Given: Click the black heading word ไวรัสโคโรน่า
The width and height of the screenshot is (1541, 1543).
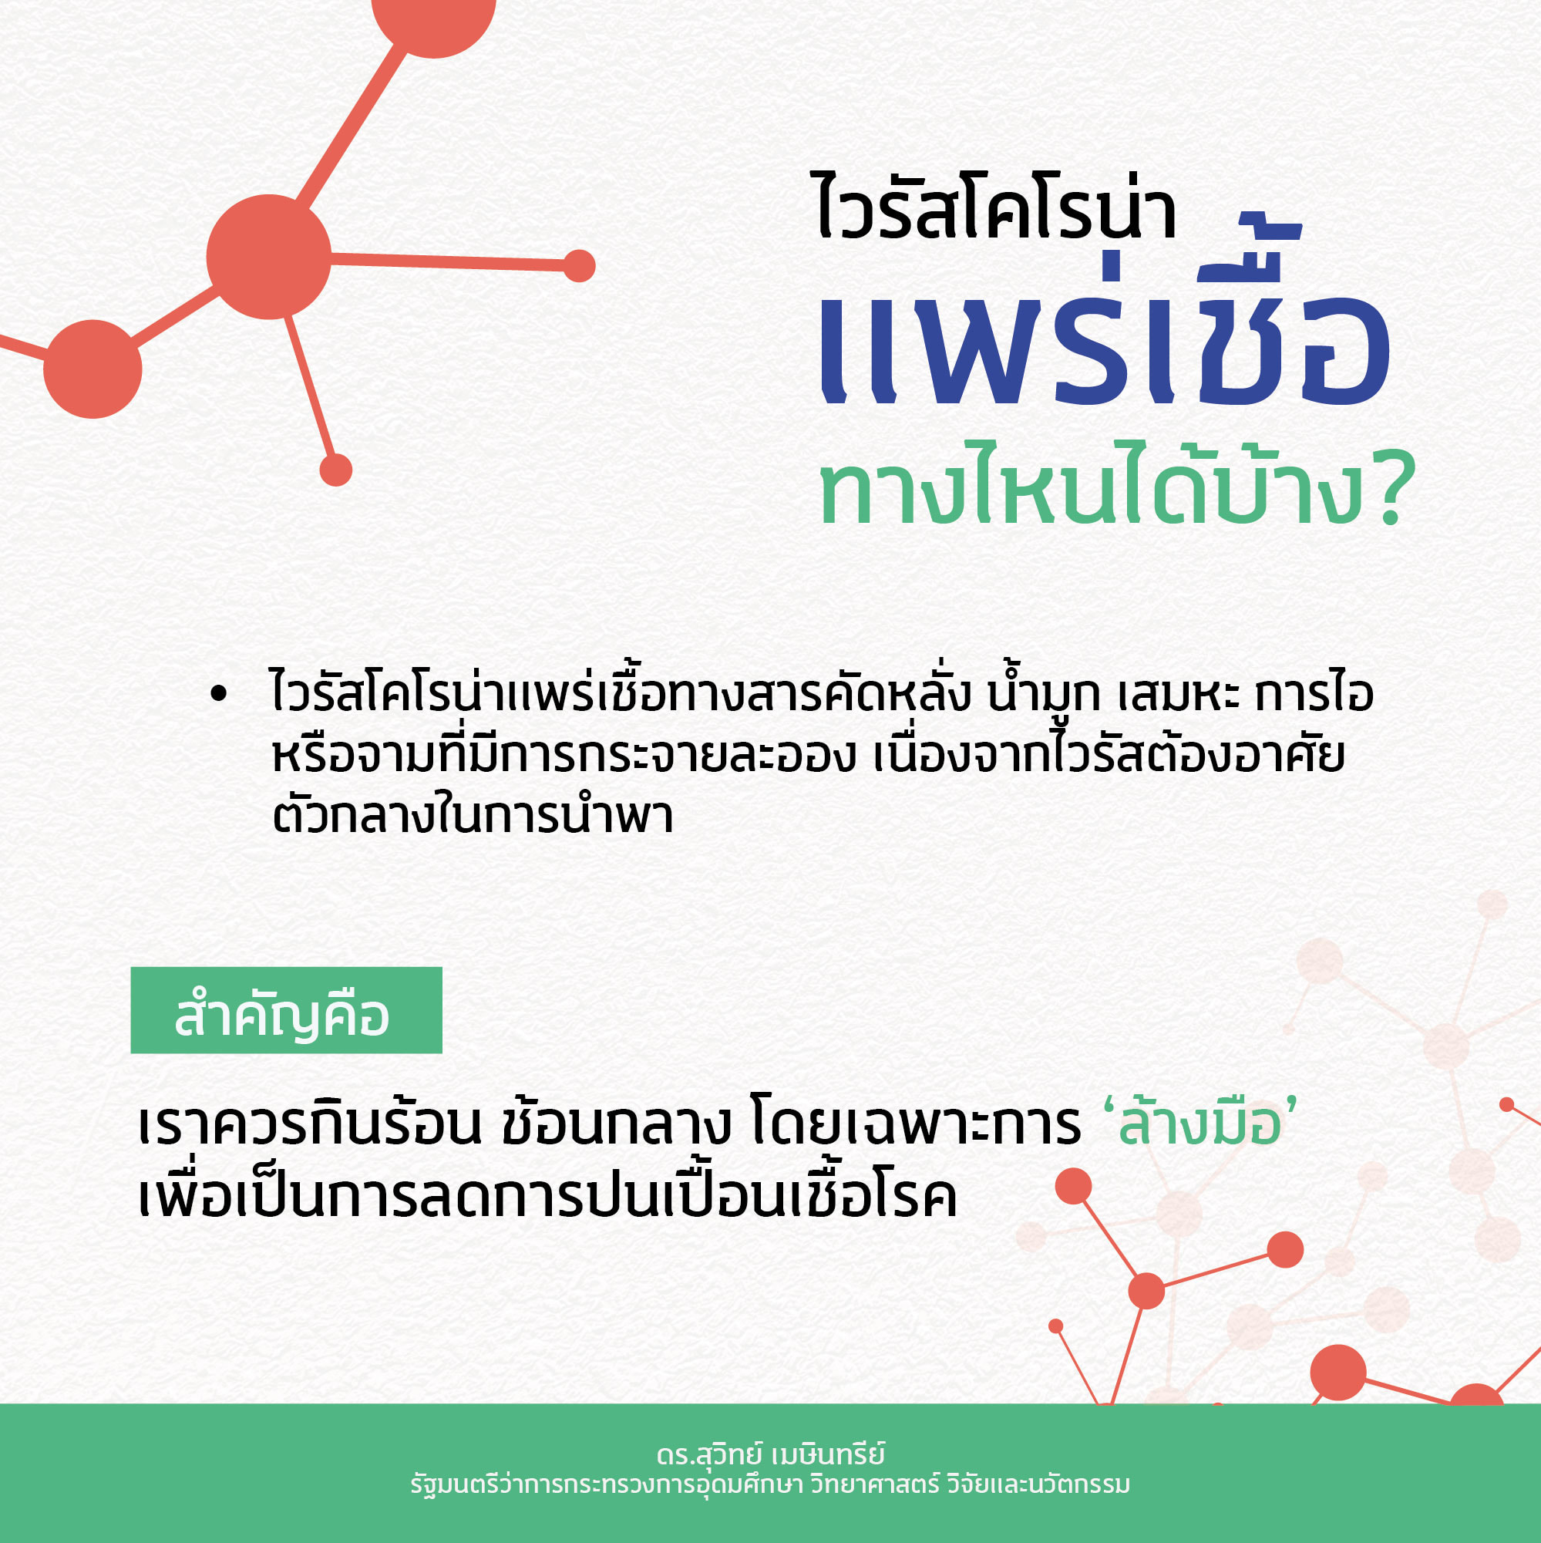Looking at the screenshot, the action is point(997,206).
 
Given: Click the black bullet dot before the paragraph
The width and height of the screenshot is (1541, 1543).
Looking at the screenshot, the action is point(218,694).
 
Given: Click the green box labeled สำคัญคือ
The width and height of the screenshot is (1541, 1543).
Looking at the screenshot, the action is point(286,1010).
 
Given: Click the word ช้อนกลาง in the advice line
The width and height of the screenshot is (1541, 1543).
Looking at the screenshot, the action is point(617,1124).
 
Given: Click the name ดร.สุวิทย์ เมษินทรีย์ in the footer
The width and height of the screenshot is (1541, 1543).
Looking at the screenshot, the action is point(771,1454).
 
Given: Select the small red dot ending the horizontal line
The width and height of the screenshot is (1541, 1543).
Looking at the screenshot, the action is point(579,266).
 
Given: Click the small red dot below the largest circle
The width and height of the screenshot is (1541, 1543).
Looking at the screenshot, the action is point(335,470).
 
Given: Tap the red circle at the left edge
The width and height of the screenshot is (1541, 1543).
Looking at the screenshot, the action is point(93,369).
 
